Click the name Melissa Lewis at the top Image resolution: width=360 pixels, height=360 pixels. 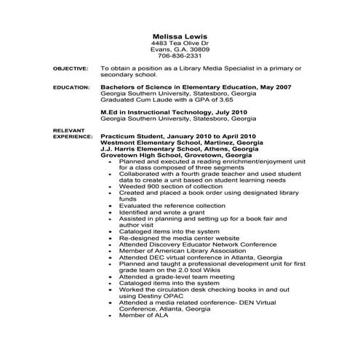point(180,36)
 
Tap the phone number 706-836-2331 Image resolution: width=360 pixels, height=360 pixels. point(180,55)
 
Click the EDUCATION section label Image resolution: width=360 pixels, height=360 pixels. point(70,86)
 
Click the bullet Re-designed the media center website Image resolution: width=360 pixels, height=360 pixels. point(179,237)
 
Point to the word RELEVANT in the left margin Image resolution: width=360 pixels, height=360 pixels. point(64,129)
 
